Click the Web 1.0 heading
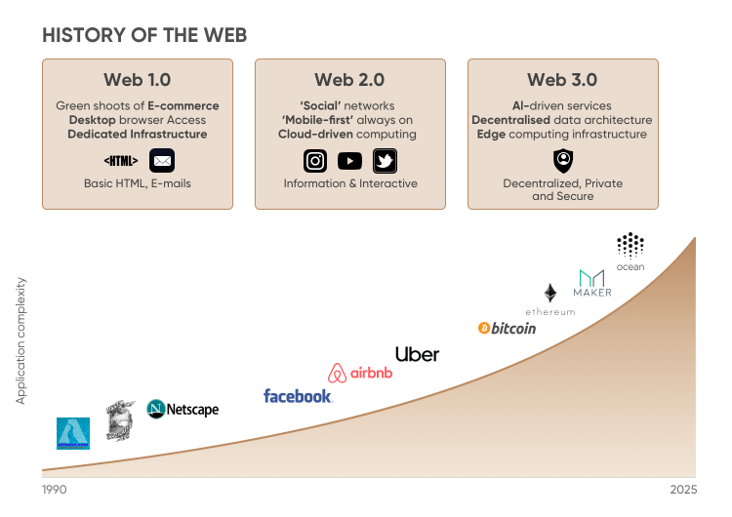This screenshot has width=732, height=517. (x=138, y=80)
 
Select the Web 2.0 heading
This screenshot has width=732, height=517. (x=349, y=80)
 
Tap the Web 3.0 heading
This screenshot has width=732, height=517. (x=562, y=80)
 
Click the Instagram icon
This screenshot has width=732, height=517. (x=315, y=161)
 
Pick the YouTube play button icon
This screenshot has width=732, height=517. (x=349, y=161)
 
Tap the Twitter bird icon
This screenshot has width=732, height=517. (x=385, y=161)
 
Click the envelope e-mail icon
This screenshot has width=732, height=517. (x=162, y=161)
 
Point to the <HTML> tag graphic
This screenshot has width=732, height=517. (x=121, y=161)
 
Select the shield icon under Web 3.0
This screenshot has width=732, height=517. (x=563, y=161)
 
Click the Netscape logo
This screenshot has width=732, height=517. (x=183, y=410)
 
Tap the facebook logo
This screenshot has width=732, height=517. (x=298, y=396)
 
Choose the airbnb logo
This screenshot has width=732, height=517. (x=360, y=373)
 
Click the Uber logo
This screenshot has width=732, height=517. (x=418, y=355)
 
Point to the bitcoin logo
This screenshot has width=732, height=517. (x=507, y=328)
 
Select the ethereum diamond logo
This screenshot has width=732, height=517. (x=550, y=293)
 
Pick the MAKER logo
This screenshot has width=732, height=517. (x=592, y=283)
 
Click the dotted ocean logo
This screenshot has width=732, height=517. (x=630, y=245)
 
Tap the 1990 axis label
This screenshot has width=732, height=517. (x=54, y=490)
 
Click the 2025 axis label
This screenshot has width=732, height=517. (x=683, y=490)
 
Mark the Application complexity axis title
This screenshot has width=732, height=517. (x=21, y=340)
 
